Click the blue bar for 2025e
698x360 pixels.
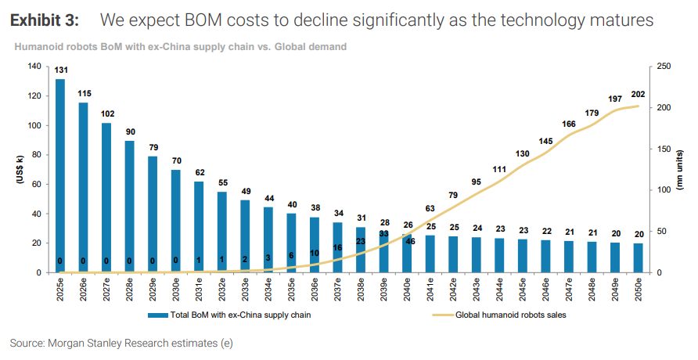pyautogui.click(x=60, y=176)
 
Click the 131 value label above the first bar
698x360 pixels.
pyautogui.click(x=60, y=70)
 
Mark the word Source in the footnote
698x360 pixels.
pyautogui.click(x=27, y=343)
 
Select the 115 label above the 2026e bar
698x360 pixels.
pyautogui.click(x=84, y=94)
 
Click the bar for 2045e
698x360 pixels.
pyautogui.click(x=522, y=255)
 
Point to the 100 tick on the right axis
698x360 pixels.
pyautogui.click(x=661, y=190)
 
